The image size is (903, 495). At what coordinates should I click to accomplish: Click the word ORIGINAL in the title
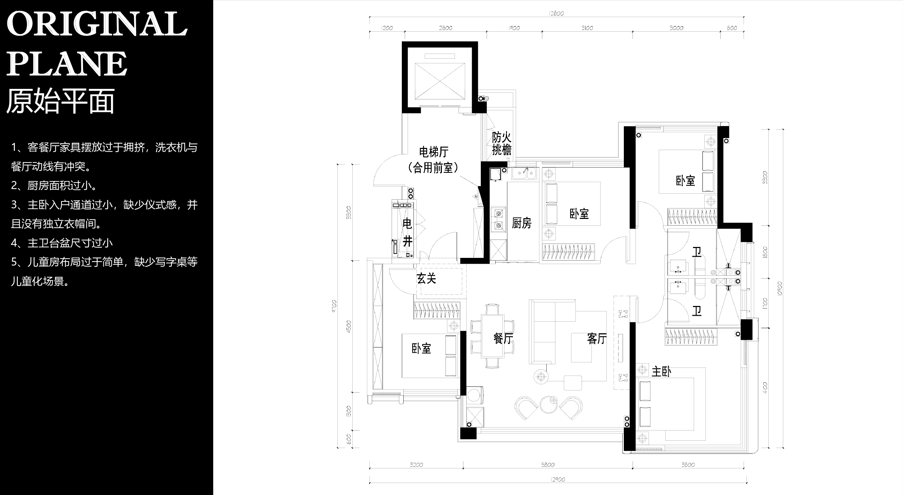click(97, 24)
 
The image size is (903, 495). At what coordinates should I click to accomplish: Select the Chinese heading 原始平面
click(60, 101)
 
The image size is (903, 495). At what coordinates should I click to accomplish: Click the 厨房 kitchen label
click(522, 223)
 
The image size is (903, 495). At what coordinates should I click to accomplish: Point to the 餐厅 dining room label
click(503, 338)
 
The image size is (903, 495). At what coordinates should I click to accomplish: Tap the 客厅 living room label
click(597, 338)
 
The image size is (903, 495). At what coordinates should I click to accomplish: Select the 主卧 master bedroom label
click(661, 372)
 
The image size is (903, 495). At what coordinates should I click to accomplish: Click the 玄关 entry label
click(426, 279)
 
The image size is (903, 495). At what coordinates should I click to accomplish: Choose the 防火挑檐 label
click(502, 144)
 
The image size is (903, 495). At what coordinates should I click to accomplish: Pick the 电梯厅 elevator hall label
click(433, 152)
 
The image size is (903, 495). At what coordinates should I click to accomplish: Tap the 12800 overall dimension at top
click(557, 13)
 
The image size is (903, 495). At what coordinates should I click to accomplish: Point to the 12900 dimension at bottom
click(558, 479)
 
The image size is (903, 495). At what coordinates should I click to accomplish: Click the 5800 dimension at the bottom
click(548, 465)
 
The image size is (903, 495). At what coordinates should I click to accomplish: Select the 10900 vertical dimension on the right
click(780, 288)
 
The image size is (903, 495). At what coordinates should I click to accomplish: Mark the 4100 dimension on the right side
click(765, 388)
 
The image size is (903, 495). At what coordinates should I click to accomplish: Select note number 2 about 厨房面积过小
click(54, 185)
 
